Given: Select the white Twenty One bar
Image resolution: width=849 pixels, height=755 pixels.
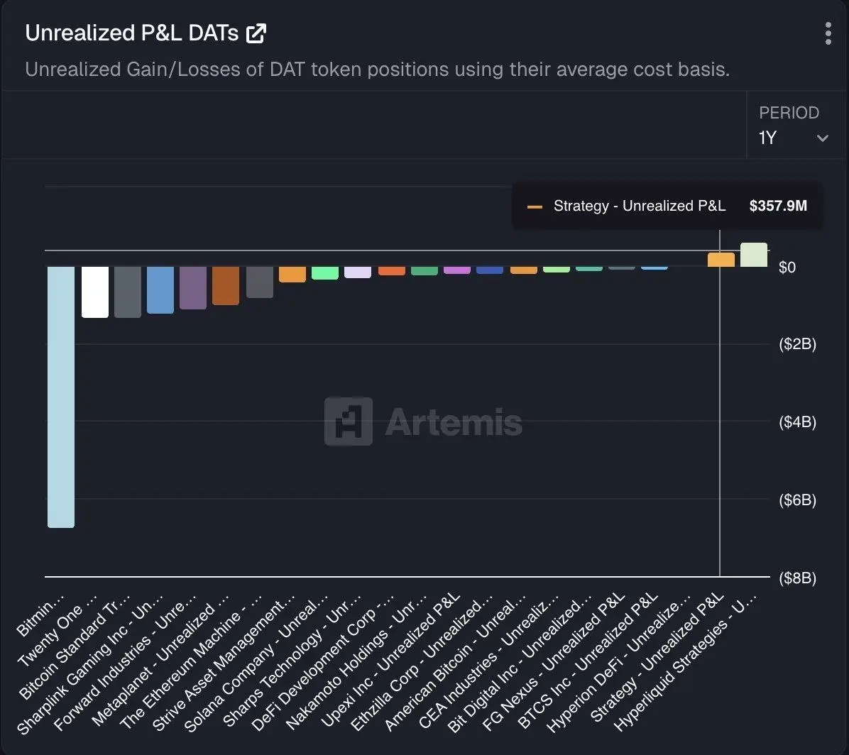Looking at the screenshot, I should (95, 292).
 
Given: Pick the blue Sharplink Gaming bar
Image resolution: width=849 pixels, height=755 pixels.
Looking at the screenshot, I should (160, 290).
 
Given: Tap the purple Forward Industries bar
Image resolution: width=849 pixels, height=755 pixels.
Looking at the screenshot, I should (193, 287).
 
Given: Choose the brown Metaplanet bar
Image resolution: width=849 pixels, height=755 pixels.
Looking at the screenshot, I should (226, 285).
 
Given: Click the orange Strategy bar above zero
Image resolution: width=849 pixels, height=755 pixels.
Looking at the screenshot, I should (721, 260).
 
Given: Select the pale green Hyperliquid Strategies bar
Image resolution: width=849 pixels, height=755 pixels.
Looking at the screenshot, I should (754, 255).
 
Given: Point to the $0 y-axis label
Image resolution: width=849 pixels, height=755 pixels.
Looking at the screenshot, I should (787, 268).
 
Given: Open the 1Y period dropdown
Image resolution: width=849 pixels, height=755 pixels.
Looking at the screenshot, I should (794, 138).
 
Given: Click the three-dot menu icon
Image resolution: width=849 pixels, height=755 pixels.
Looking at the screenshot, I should (828, 33).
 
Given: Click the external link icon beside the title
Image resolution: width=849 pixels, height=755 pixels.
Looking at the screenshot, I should (256, 33).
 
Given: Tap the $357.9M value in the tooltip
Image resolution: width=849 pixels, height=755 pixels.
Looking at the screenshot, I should (778, 206).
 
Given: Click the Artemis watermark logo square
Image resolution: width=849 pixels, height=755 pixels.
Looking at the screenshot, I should (348, 421).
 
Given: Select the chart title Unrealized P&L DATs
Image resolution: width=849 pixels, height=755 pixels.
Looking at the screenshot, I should (131, 33).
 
